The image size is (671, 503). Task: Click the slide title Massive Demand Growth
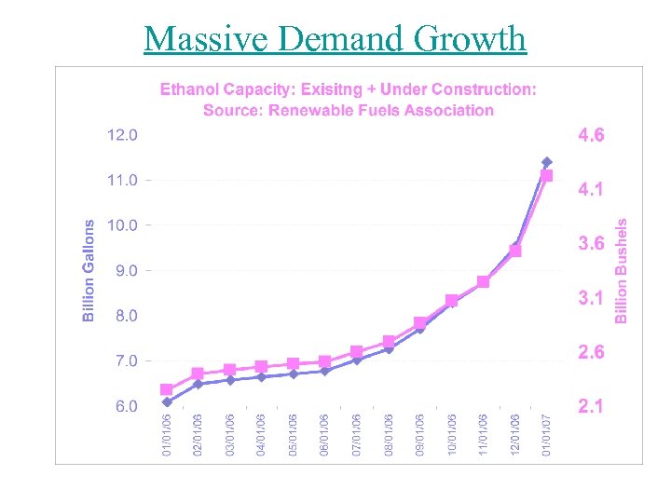point(335,39)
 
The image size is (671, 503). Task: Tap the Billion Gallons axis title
point(89,270)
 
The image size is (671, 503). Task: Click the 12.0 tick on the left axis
point(122,134)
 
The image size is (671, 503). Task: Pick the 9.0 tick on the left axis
point(122,270)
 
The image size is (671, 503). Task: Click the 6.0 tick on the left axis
point(122,406)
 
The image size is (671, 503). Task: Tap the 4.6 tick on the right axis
point(591,135)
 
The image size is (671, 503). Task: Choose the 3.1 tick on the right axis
point(591,298)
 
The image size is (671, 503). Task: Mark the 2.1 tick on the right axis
point(591,406)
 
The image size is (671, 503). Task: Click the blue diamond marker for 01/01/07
point(547,162)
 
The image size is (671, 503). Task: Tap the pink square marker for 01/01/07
point(547,175)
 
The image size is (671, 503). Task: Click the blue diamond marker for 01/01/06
point(167,402)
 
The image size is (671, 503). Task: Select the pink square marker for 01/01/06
point(167,389)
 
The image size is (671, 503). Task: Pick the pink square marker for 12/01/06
point(515,251)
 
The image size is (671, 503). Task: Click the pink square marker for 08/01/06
point(389,342)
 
